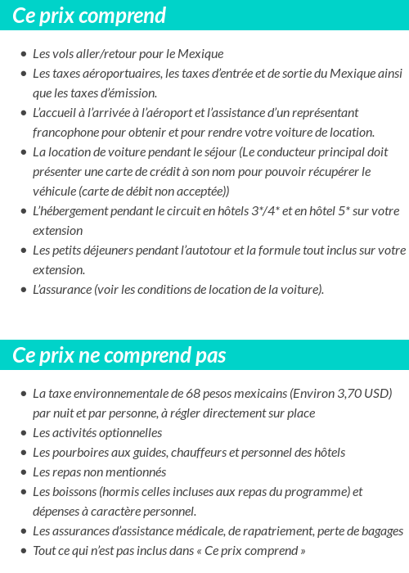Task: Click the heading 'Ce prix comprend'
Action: [89, 16]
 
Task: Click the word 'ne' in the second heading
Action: [88, 356]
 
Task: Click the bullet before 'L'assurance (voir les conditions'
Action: [23, 290]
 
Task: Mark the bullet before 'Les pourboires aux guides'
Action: [23, 453]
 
